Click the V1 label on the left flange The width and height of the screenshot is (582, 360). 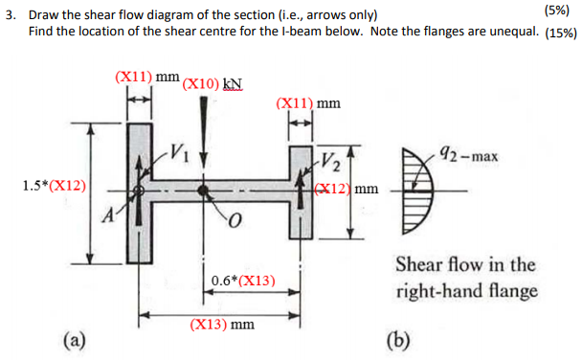point(179,150)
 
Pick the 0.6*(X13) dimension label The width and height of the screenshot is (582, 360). point(243,281)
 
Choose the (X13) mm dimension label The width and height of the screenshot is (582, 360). point(222,325)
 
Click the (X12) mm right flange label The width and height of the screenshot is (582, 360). point(348,188)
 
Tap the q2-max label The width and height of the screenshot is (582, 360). point(468,154)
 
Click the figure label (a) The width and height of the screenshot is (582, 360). point(74,337)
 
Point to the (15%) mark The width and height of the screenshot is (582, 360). point(560,33)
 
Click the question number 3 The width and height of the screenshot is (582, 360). point(9,14)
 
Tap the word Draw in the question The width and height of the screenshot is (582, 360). point(44,14)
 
